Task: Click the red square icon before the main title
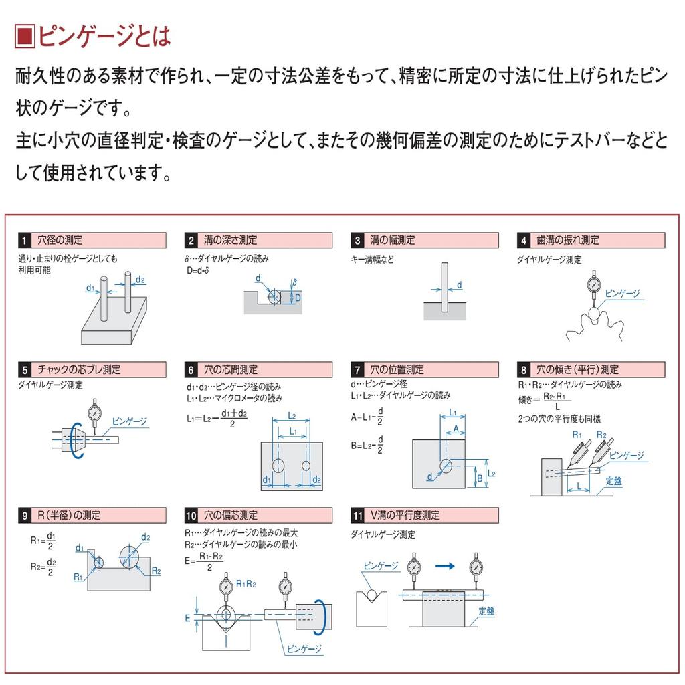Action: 25,37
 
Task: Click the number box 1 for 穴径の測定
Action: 25,240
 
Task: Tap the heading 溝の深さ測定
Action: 230,240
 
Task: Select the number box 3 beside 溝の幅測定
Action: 358,240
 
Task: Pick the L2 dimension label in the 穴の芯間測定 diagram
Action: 292,415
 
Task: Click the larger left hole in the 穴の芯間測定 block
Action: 279,465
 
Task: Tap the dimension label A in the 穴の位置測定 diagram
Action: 455,428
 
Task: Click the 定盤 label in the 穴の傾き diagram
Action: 614,481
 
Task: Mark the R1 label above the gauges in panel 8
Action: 577,435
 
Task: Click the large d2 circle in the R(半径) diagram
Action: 130,555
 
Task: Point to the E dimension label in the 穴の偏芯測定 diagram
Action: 188,619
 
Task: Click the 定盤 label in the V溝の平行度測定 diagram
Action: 486,611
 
